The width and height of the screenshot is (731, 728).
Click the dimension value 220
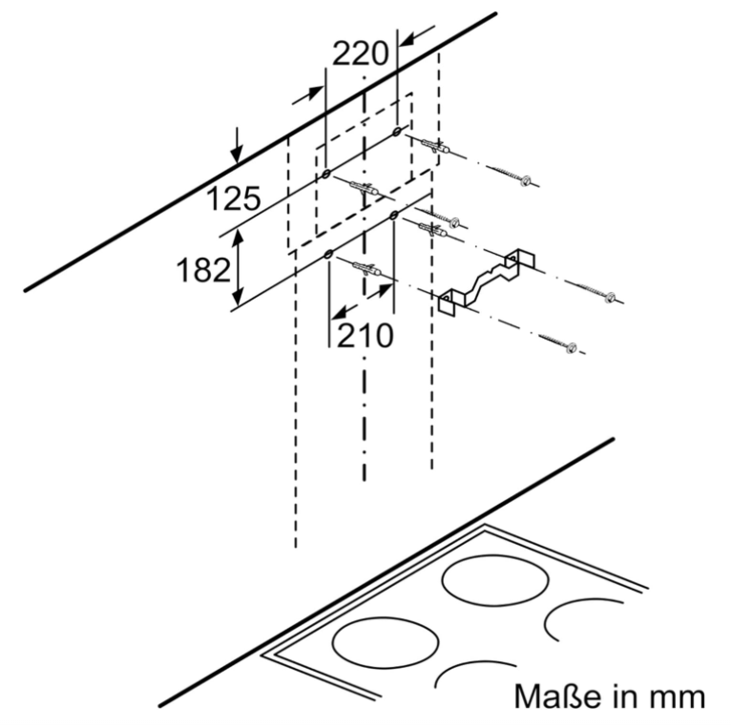point(360,53)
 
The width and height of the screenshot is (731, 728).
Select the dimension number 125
point(234,198)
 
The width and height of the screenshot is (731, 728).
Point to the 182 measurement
point(203,270)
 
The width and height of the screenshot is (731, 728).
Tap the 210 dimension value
point(365,336)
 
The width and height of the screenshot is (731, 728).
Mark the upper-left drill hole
point(326,175)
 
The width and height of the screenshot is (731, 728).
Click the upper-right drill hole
point(397,132)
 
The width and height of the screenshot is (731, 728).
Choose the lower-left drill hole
point(328,255)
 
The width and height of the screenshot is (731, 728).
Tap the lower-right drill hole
point(394,215)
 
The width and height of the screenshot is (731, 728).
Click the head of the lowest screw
point(571,347)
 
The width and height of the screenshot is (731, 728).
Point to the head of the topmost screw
point(527,180)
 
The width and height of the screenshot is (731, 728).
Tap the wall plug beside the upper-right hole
point(436,146)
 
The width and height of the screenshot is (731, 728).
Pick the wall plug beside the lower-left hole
point(367,269)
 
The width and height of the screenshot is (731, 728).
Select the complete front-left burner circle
point(386,642)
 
